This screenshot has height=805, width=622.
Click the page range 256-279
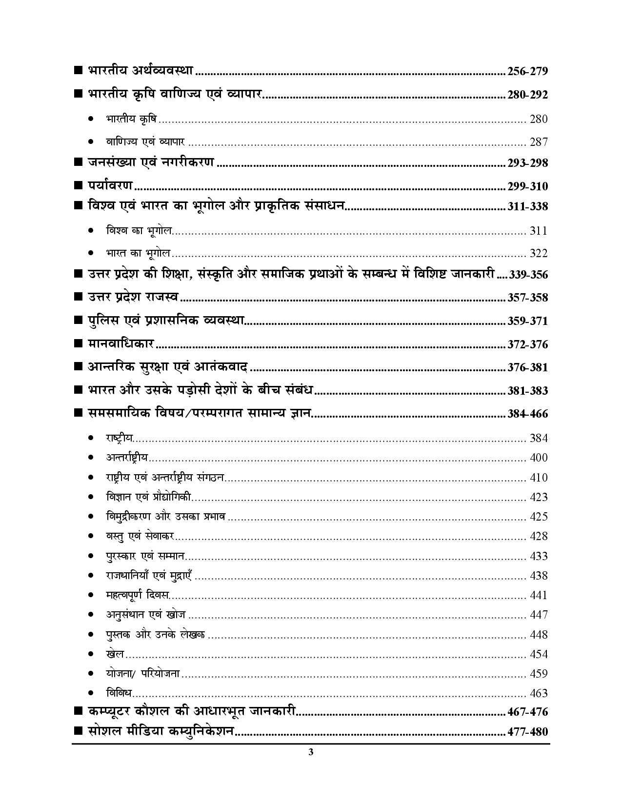tap(527, 72)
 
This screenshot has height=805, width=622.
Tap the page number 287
tap(539, 142)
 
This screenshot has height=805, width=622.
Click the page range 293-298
tap(527, 163)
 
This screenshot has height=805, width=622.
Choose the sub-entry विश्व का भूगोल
tap(139, 230)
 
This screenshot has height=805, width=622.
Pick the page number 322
tap(539, 253)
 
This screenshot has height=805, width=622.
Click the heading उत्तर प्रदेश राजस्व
tap(133, 297)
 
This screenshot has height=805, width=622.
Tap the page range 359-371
tap(527, 322)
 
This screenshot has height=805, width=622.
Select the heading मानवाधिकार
tap(121, 343)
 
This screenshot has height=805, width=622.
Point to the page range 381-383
tap(527, 391)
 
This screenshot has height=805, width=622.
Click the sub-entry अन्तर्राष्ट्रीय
tap(127, 458)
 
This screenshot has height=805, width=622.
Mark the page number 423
tap(539, 498)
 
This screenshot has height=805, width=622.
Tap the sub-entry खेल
tap(115, 654)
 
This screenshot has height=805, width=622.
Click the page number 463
tap(539, 694)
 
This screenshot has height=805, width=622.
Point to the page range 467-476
tap(527, 712)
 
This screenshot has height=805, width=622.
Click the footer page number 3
tap(311, 752)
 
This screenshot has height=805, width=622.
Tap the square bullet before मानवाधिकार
tap(78, 344)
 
